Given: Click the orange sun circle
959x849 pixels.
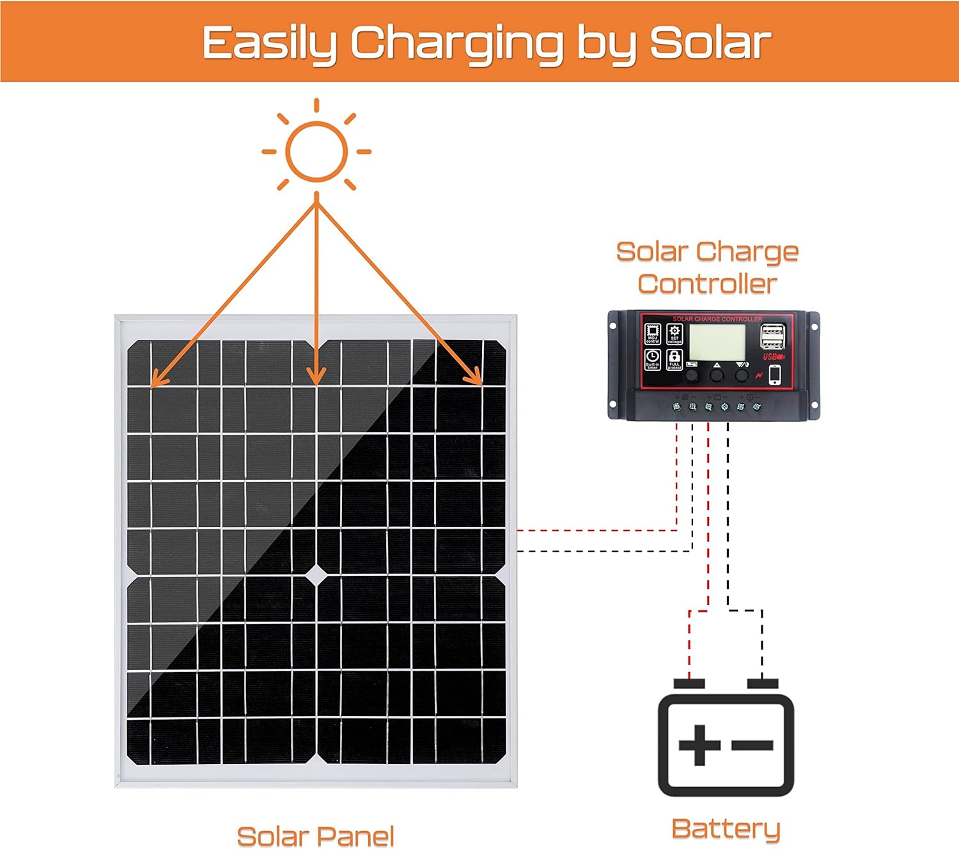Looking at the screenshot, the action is pyautogui.click(x=316, y=152).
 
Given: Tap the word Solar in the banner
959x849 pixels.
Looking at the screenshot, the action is pyautogui.click(x=710, y=43).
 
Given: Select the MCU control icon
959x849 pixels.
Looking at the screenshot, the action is pyautogui.click(x=653, y=334).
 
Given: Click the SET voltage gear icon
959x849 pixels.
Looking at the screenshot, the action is pyautogui.click(x=674, y=334).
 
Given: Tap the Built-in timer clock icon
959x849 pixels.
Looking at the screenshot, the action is pyautogui.click(x=653, y=359).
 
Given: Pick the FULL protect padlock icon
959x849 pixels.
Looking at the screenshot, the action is pyautogui.click(x=674, y=359).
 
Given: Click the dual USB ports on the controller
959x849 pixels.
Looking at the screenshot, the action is pyautogui.click(x=772, y=336).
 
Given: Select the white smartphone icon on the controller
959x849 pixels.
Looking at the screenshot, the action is pyautogui.click(x=775, y=375).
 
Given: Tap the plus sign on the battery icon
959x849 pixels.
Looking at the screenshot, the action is pyautogui.click(x=699, y=745).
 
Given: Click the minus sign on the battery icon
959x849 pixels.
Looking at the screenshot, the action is pyautogui.click(x=752, y=745).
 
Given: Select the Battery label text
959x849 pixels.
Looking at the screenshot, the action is pyautogui.click(x=726, y=829).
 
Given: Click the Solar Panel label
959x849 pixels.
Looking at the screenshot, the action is pyautogui.click(x=315, y=836).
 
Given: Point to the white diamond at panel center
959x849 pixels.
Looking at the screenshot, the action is pyautogui.click(x=316, y=575).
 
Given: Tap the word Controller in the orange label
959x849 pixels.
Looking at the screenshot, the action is pyautogui.click(x=707, y=284).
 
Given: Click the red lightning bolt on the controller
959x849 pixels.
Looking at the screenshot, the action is pyautogui.click(x=759, y=376).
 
